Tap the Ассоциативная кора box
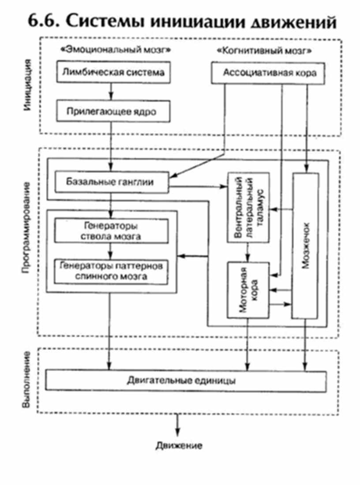coord(270,72)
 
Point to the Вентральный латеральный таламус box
coord(248,207)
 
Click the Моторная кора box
coord(248,290)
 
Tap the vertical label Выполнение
coord(27,380)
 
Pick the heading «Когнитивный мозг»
coord(265,50)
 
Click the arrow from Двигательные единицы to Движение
coord(178,425)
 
